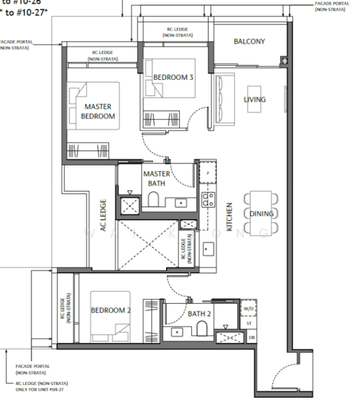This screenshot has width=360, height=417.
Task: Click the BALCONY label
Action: [249, 42]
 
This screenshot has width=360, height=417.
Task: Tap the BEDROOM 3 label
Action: [173, 77]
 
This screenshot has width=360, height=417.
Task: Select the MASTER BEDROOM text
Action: [99, 111]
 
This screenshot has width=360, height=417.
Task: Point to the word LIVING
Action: [254, 100]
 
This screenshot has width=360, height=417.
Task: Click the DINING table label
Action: [261, 214]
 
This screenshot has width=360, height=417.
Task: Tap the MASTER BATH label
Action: [157, 178]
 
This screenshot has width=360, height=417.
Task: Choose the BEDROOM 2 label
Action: [111, 310]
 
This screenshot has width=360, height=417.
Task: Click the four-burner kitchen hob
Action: [207, 200]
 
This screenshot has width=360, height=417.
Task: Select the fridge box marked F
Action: [207, 171]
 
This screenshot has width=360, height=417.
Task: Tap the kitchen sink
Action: [207, 249]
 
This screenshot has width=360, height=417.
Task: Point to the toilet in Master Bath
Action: [155, 201]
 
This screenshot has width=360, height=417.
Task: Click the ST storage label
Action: [249, 323]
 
